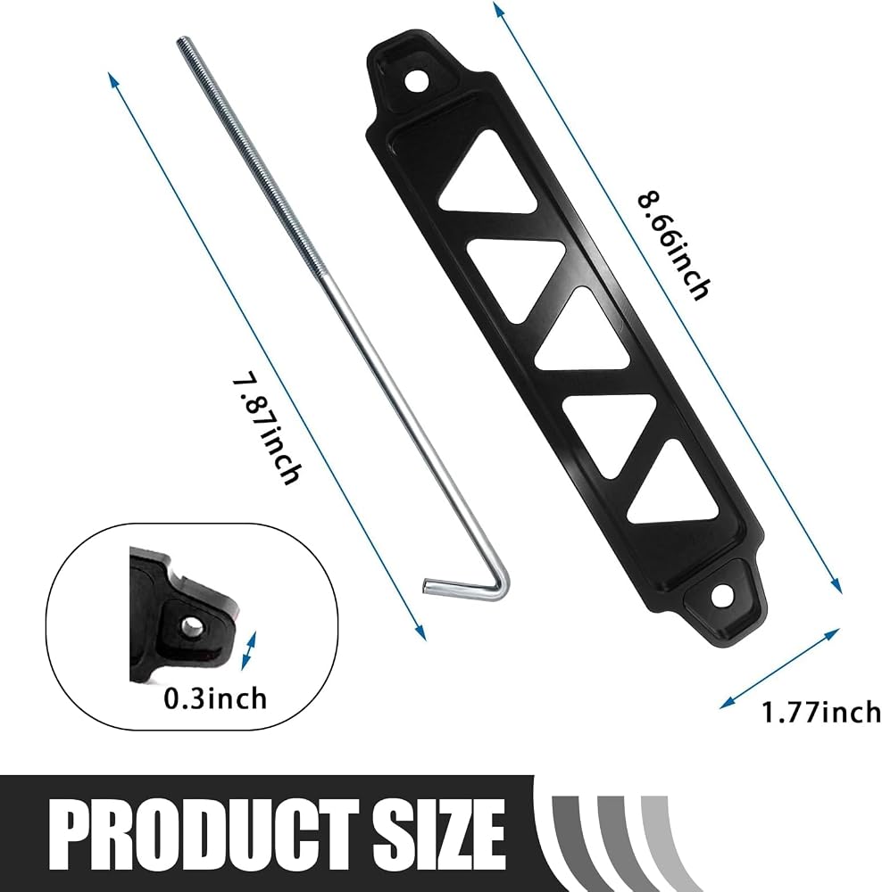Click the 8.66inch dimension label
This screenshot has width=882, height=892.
[675, 246]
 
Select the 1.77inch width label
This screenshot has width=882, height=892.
[821, 712]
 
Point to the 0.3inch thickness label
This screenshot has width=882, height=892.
[215, 698]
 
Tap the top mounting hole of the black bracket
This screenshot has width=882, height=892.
[418, 81]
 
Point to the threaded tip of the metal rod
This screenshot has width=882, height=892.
[181, 43]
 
